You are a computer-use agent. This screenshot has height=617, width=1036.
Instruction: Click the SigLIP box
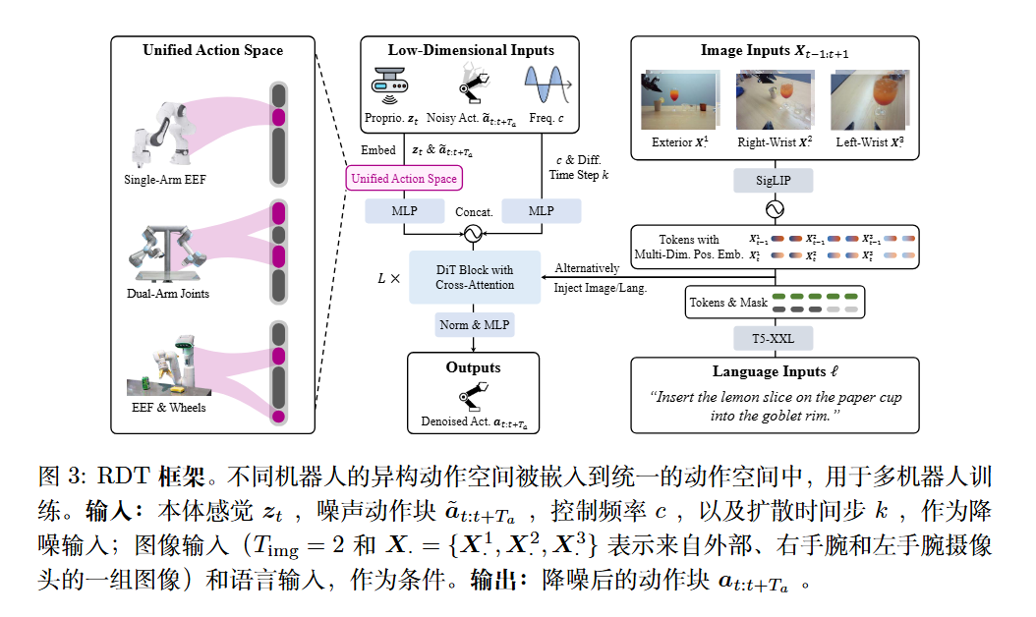click(x=775, y=182)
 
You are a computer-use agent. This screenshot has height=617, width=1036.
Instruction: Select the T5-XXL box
click(x=775, y=339)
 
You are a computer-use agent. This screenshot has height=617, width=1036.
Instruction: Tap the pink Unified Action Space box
click(x=404, y=179)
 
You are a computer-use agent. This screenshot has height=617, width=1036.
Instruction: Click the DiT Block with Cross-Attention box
click(x=475, y=277)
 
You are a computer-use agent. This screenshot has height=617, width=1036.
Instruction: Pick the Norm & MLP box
click(x=475, y=324)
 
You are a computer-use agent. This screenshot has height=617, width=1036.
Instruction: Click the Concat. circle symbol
click(x=474, y=234)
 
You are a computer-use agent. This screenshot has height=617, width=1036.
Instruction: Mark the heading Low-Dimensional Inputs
click(x=471, y=50)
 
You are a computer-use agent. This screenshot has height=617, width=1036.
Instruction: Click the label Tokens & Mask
click(x=726, y=303)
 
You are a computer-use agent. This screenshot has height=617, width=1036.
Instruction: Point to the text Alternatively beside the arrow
click(x=587, y=268)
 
